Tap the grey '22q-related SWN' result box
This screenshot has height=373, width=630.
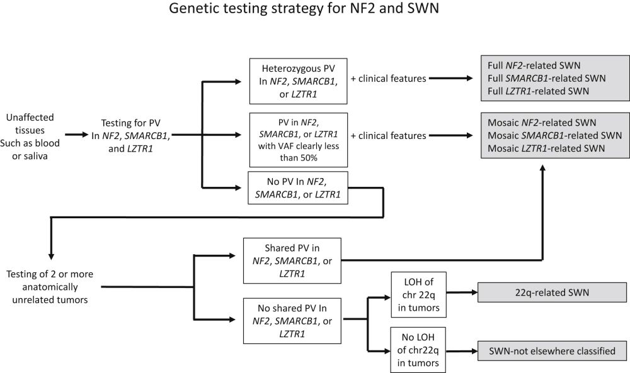pyautogui.click(x=542, y=292)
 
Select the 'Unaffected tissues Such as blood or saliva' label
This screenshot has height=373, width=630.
pyautogui.click(x=31, y=135)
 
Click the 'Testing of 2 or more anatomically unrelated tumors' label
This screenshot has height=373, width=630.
pyautogui.click(x=52, y=287)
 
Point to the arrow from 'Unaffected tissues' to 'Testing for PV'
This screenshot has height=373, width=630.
pyautogui.click(x=79, y=135)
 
